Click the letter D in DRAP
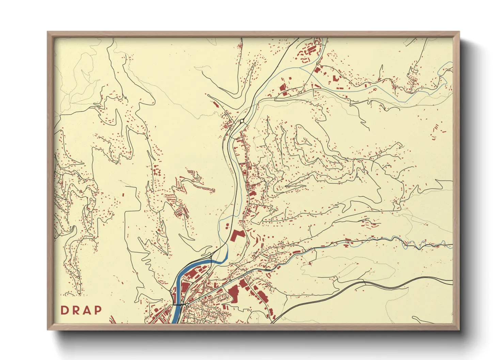[x=64, y=310]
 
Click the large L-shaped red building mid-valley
[x=237, y=235]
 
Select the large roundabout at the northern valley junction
[x=242, y=121]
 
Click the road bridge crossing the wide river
[x=178, y=304]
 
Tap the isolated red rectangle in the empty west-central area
[x=123, y=195]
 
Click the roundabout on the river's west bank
[x=171, y=292]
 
